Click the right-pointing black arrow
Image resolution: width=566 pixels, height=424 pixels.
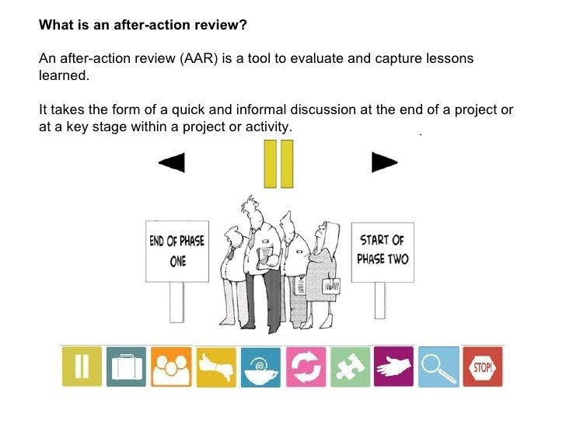pyautogui.click(x=384, y=162)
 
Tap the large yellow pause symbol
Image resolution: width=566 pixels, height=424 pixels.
pyautogui.click(x=278, y=164)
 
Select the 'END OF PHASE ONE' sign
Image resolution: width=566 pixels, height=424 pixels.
pyautogui.click(x=176, y=250)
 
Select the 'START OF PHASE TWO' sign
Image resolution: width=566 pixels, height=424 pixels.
pyautogui.click(x=383, y=249)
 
